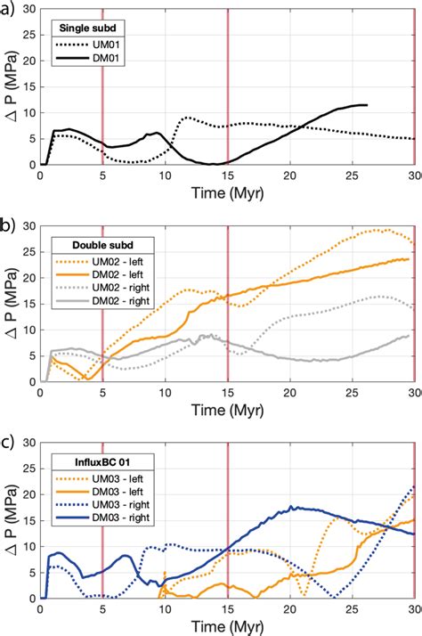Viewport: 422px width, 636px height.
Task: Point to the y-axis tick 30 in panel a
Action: [x=27, y=11]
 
